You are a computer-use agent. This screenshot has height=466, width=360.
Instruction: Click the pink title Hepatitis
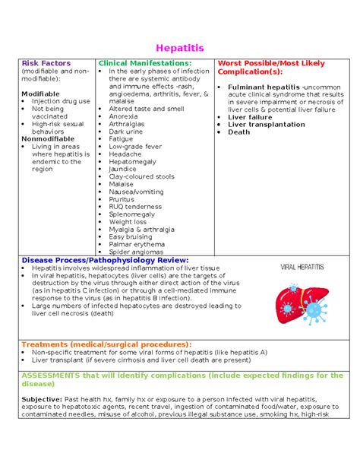click(x=179, y=48)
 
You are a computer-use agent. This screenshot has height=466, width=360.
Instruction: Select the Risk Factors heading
click(x=46, y=63)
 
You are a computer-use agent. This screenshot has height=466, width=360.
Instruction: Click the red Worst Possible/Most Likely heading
click(x=269, y=63)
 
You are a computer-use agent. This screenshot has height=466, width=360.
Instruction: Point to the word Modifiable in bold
click(x=41, y=94)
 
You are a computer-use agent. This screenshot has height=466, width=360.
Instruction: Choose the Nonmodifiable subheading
click(x=47, y=139)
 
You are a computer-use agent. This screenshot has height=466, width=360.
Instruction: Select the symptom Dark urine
click(x=125, y=132)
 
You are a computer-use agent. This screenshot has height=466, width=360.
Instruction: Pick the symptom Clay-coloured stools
click(x=141, y=176)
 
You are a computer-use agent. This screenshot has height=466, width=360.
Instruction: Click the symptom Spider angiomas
click(x=136, y=252)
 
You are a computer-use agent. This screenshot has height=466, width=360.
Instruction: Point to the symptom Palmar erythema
click(x=136, y=244)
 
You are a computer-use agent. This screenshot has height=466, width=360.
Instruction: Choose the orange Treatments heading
click(x=106, y=344)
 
